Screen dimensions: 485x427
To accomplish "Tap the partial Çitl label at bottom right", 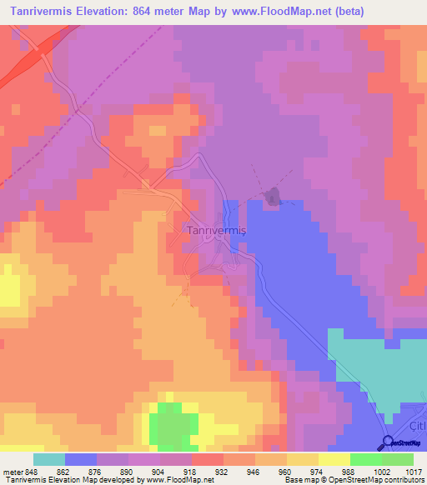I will click(416, 426).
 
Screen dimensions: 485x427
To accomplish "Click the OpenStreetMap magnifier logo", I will click(389, 443).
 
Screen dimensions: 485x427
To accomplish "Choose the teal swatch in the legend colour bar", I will click(49, 459).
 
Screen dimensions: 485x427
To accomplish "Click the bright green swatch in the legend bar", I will click(366, 459).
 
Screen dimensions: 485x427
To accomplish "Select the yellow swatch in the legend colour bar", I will click(334, 459).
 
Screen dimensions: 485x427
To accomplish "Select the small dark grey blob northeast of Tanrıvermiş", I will click(272, 197).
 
